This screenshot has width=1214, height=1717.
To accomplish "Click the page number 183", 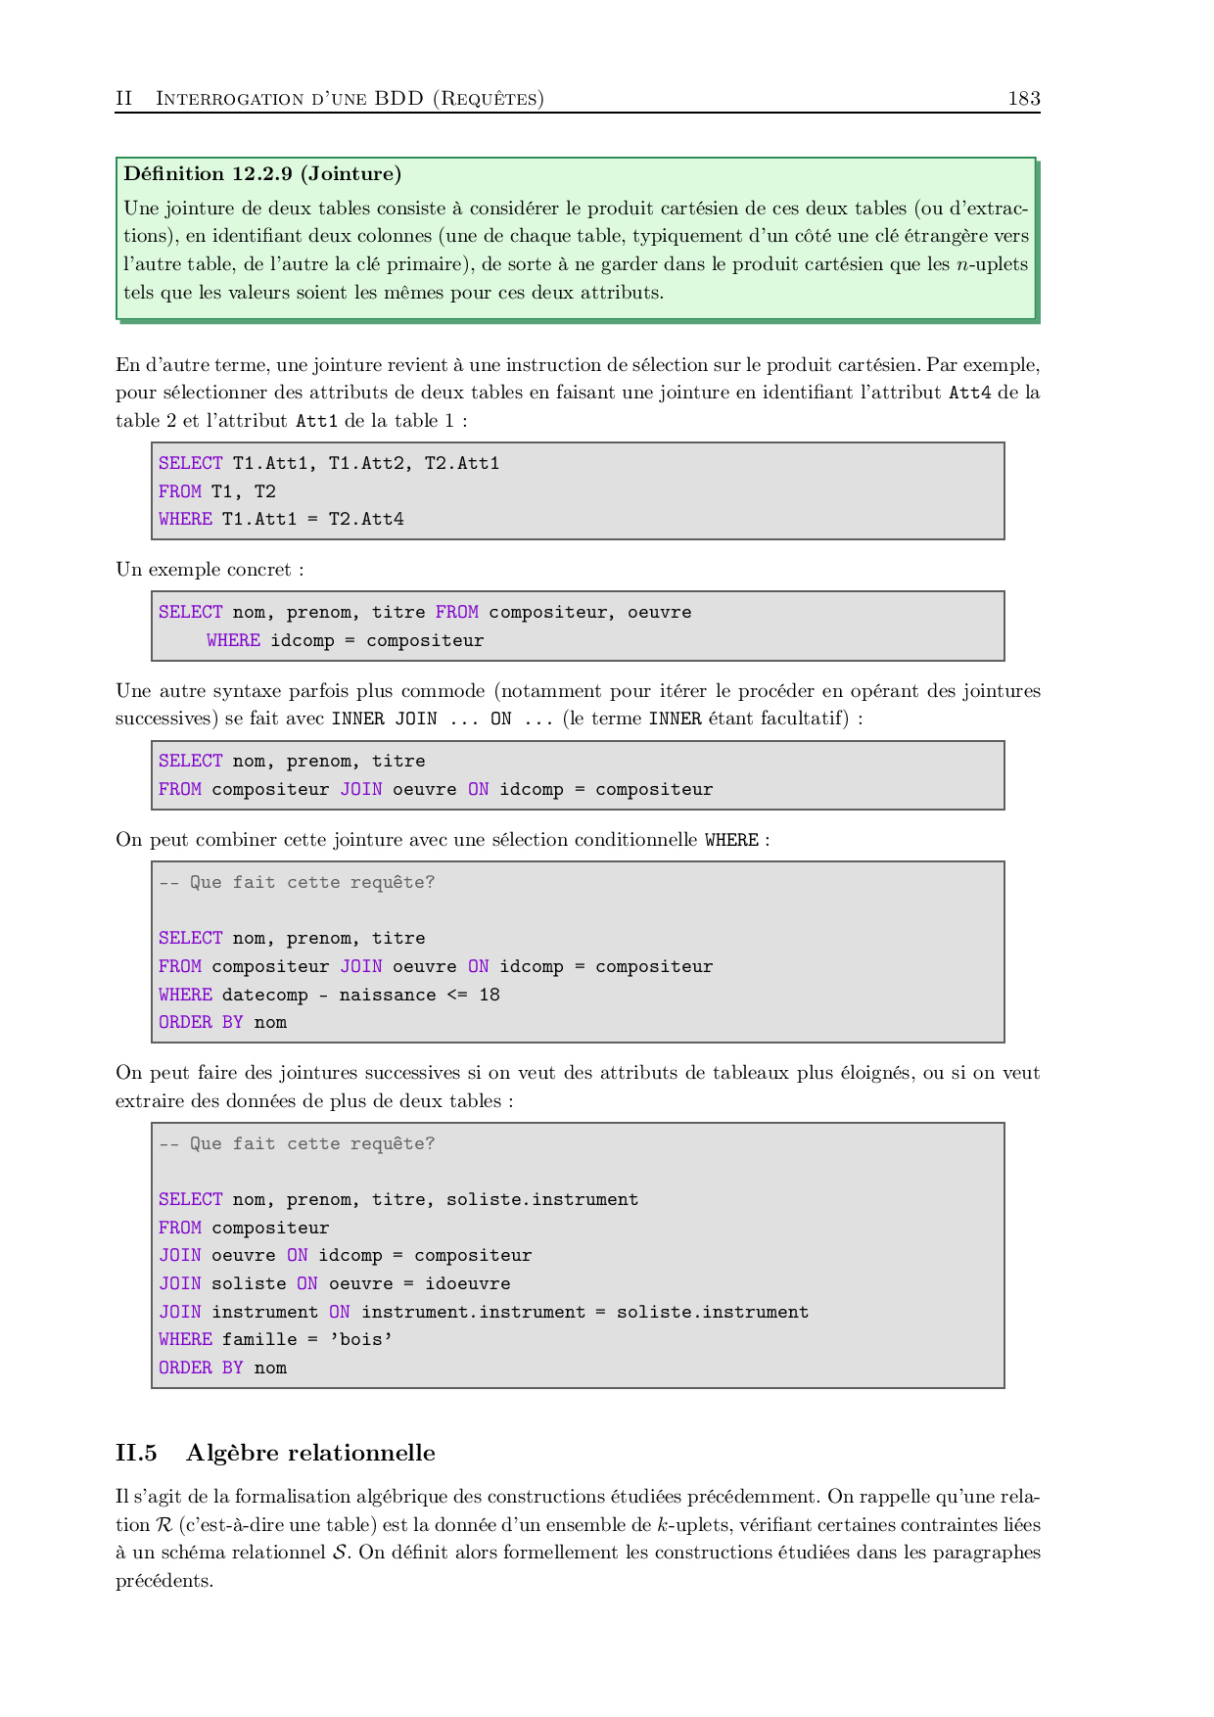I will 1023,98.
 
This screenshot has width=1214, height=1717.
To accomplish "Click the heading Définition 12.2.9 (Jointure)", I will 262,174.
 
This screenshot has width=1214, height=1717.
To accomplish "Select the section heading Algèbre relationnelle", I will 310,1453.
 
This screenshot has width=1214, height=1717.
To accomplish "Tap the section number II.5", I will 136,1453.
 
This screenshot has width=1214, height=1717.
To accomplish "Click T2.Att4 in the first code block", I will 366,519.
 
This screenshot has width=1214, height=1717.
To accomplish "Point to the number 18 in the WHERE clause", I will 490,995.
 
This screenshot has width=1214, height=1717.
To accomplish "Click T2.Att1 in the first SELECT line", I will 462,463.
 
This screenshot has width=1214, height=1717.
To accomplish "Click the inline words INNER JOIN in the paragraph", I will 384,719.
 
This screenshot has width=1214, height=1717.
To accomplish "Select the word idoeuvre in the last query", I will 468,1283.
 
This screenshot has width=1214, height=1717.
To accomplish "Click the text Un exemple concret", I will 204,570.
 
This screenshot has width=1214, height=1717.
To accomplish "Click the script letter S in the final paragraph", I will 341,1553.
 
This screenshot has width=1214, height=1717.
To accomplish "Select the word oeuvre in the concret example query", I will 659,612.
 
